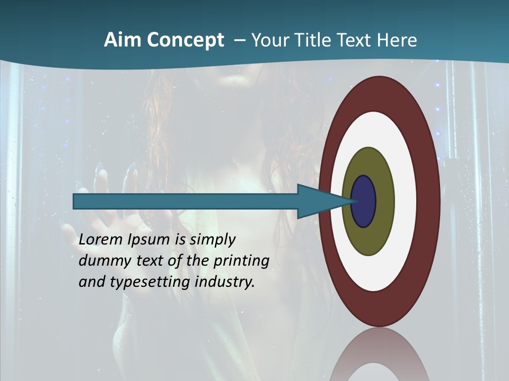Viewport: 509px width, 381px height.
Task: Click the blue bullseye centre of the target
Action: click(364, 201)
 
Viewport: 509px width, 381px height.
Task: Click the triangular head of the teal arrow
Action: click(318, 201)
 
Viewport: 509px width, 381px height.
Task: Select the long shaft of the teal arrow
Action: click(186, 201)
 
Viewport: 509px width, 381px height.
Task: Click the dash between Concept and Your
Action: click(239, 40)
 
